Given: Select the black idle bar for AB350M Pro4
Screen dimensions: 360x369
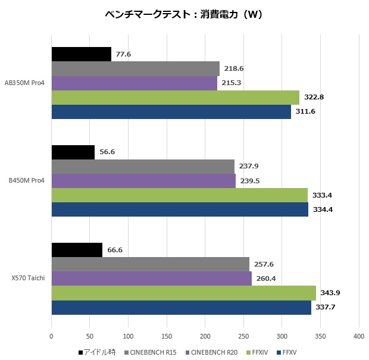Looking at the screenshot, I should coord(81,54).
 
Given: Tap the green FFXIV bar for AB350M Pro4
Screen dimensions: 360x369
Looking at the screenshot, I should coord(175,98).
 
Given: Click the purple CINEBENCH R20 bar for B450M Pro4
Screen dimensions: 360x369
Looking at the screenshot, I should coord(143,181).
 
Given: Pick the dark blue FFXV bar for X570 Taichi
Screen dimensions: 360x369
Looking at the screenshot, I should coord(181,308).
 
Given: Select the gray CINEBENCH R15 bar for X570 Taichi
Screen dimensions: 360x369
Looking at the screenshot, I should coord(150,264).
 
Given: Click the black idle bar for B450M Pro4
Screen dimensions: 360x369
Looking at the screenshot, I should coord(73,152).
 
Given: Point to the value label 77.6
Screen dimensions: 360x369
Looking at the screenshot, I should coord(123,54).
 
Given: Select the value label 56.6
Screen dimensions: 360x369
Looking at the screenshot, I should coord(107,152).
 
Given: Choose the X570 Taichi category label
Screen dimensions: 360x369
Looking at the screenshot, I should coord(27,278).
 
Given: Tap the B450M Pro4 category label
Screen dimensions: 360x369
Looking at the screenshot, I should coord(26,181).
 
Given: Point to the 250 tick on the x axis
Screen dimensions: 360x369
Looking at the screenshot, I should coord(243,337).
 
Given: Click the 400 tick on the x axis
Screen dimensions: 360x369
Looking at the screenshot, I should coord(358,337).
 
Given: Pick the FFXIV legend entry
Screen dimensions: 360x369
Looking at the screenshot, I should coord(257,352).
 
